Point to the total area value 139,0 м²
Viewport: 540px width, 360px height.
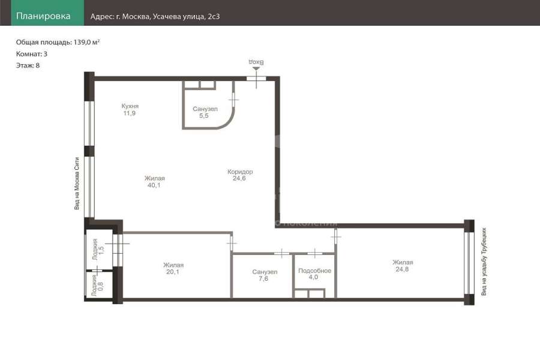click(86, 42)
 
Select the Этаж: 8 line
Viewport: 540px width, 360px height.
click(28, 65)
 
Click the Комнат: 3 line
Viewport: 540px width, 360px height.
click(32, 54)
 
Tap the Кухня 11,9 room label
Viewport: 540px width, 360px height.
click(130, 110)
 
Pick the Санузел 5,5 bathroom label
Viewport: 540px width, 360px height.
click(205, 112)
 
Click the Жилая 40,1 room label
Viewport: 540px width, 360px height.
click(154, 182)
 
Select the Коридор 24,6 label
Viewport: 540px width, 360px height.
click(240, 175)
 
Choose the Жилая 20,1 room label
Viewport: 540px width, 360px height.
click(173, 268)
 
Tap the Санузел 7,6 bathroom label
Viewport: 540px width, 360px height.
click(265, 275)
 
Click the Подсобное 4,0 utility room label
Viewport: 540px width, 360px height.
click(314, 274)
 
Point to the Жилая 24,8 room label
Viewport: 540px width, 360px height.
click(403, 266)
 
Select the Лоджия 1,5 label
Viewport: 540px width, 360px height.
click(98, 249)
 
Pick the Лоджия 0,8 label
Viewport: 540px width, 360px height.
click(97, 285)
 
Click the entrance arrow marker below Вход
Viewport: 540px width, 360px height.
click(256, 69)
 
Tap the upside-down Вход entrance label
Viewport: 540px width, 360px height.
click(256, 62)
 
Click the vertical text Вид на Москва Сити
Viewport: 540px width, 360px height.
click(77, 183)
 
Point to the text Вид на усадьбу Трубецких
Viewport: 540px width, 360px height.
click(484, 262)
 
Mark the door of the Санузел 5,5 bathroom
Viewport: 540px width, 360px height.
click(233, 100)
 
